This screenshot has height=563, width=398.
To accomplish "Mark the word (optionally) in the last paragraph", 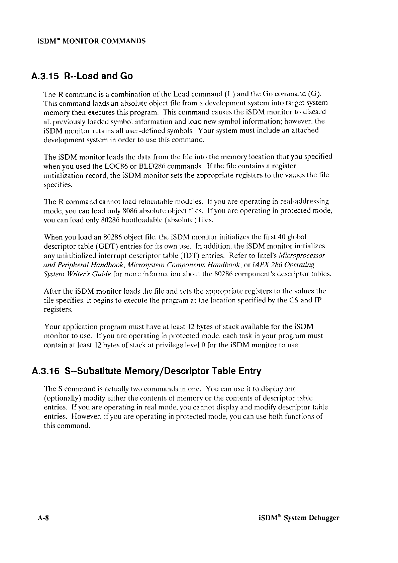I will tap(61, 398).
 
